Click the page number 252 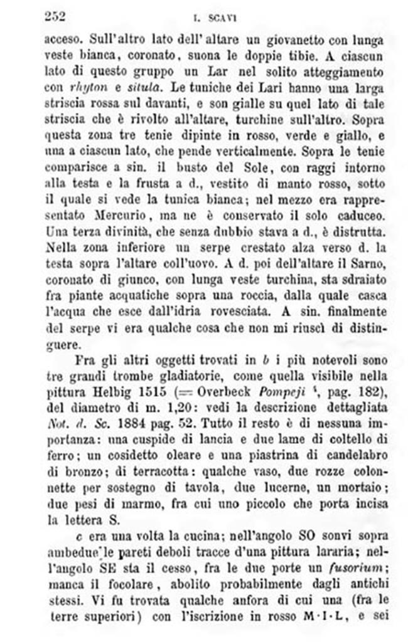[55, 16]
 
